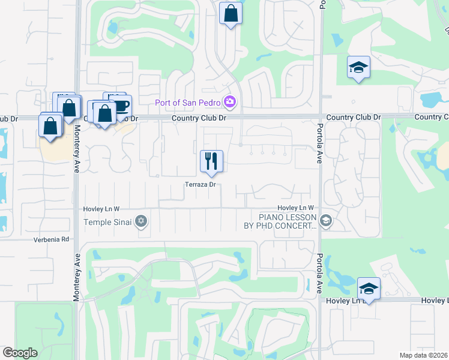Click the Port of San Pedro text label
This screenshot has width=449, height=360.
tap(188, 103)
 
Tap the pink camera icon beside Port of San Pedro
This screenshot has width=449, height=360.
tap(229, 103)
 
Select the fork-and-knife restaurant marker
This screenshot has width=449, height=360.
tap(211, 160)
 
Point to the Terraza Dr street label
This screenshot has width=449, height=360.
tap(200, 185)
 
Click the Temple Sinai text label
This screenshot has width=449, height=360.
tap(106, 222)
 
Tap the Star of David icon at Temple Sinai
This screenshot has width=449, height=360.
tap(142, 222)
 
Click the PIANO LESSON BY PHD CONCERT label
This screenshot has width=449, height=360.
tap(288, 221)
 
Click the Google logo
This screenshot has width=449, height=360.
tap(20, 353)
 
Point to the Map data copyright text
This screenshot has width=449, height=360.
tap(424, 355)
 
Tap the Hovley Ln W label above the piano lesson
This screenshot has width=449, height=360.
tap(296, 208)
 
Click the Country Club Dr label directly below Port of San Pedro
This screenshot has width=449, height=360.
tap(199, 118)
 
